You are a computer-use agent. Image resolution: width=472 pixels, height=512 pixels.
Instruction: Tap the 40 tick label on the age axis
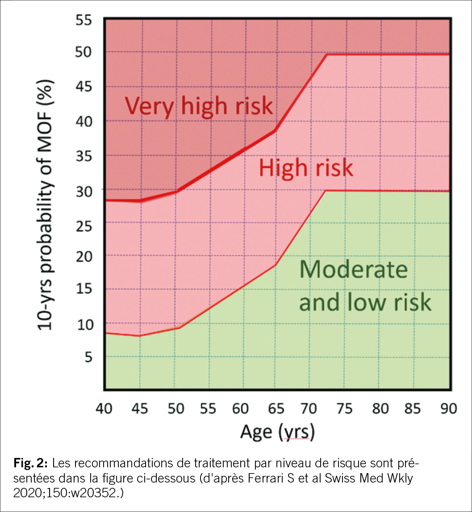click(105, 409)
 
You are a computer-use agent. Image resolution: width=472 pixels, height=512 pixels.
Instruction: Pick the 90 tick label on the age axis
click(447, 409)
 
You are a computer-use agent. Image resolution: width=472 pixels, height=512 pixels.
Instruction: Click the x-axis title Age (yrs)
click(277, 432)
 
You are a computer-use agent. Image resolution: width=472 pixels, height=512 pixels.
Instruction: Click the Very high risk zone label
click(198, 106)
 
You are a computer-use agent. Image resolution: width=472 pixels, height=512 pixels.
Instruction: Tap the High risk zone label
click(306, 168)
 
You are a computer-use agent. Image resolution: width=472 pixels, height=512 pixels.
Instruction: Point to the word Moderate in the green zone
click(353, 269)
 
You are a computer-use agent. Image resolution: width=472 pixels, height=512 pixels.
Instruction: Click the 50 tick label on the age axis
click(174, 409)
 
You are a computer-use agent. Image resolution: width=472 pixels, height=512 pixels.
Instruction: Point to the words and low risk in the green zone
click(365, 302)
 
